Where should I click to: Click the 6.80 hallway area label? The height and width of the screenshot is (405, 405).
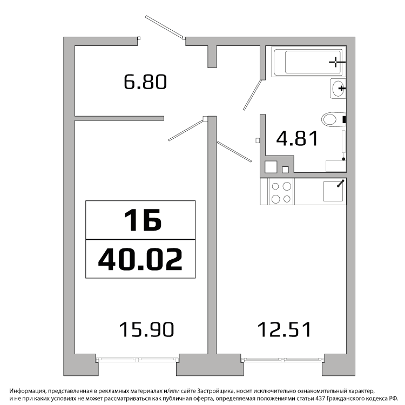[145, 82]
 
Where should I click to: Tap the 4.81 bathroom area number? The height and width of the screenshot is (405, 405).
[297, 138]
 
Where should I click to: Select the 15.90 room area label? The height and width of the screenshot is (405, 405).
[146, 329]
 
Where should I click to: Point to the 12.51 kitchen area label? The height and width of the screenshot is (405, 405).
[285, 329]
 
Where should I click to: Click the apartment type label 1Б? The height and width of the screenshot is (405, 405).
[143, 220]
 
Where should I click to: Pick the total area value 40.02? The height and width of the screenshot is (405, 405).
[140, 259]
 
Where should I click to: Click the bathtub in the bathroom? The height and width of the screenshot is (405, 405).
[309, 62]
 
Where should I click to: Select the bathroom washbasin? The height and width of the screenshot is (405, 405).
[338, 89]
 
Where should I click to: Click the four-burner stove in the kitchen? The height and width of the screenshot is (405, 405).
[281, 192]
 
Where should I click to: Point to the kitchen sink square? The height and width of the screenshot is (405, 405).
[333, 191]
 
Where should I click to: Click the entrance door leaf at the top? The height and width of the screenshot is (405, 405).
[165, 27]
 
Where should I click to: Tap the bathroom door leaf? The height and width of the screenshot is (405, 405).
[252, 95]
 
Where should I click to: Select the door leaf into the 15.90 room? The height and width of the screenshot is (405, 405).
[186, 130]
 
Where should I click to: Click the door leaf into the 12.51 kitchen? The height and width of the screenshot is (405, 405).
[234, 152]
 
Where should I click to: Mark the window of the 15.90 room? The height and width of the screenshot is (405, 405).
[137, 359]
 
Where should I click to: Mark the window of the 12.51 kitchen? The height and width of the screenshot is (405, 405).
[282, 359]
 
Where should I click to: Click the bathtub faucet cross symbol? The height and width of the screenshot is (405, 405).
[336, 62]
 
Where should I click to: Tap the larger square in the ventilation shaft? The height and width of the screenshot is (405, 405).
[271, 167]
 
